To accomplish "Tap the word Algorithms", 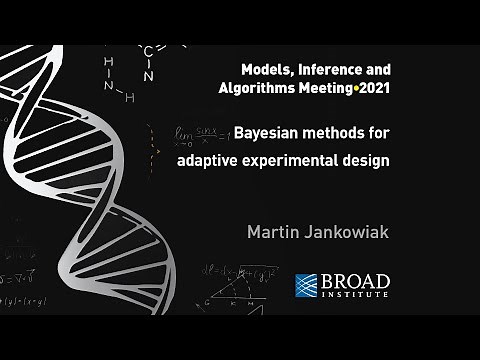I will [x=255, y=88].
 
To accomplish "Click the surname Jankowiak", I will [x=352, y=233].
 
